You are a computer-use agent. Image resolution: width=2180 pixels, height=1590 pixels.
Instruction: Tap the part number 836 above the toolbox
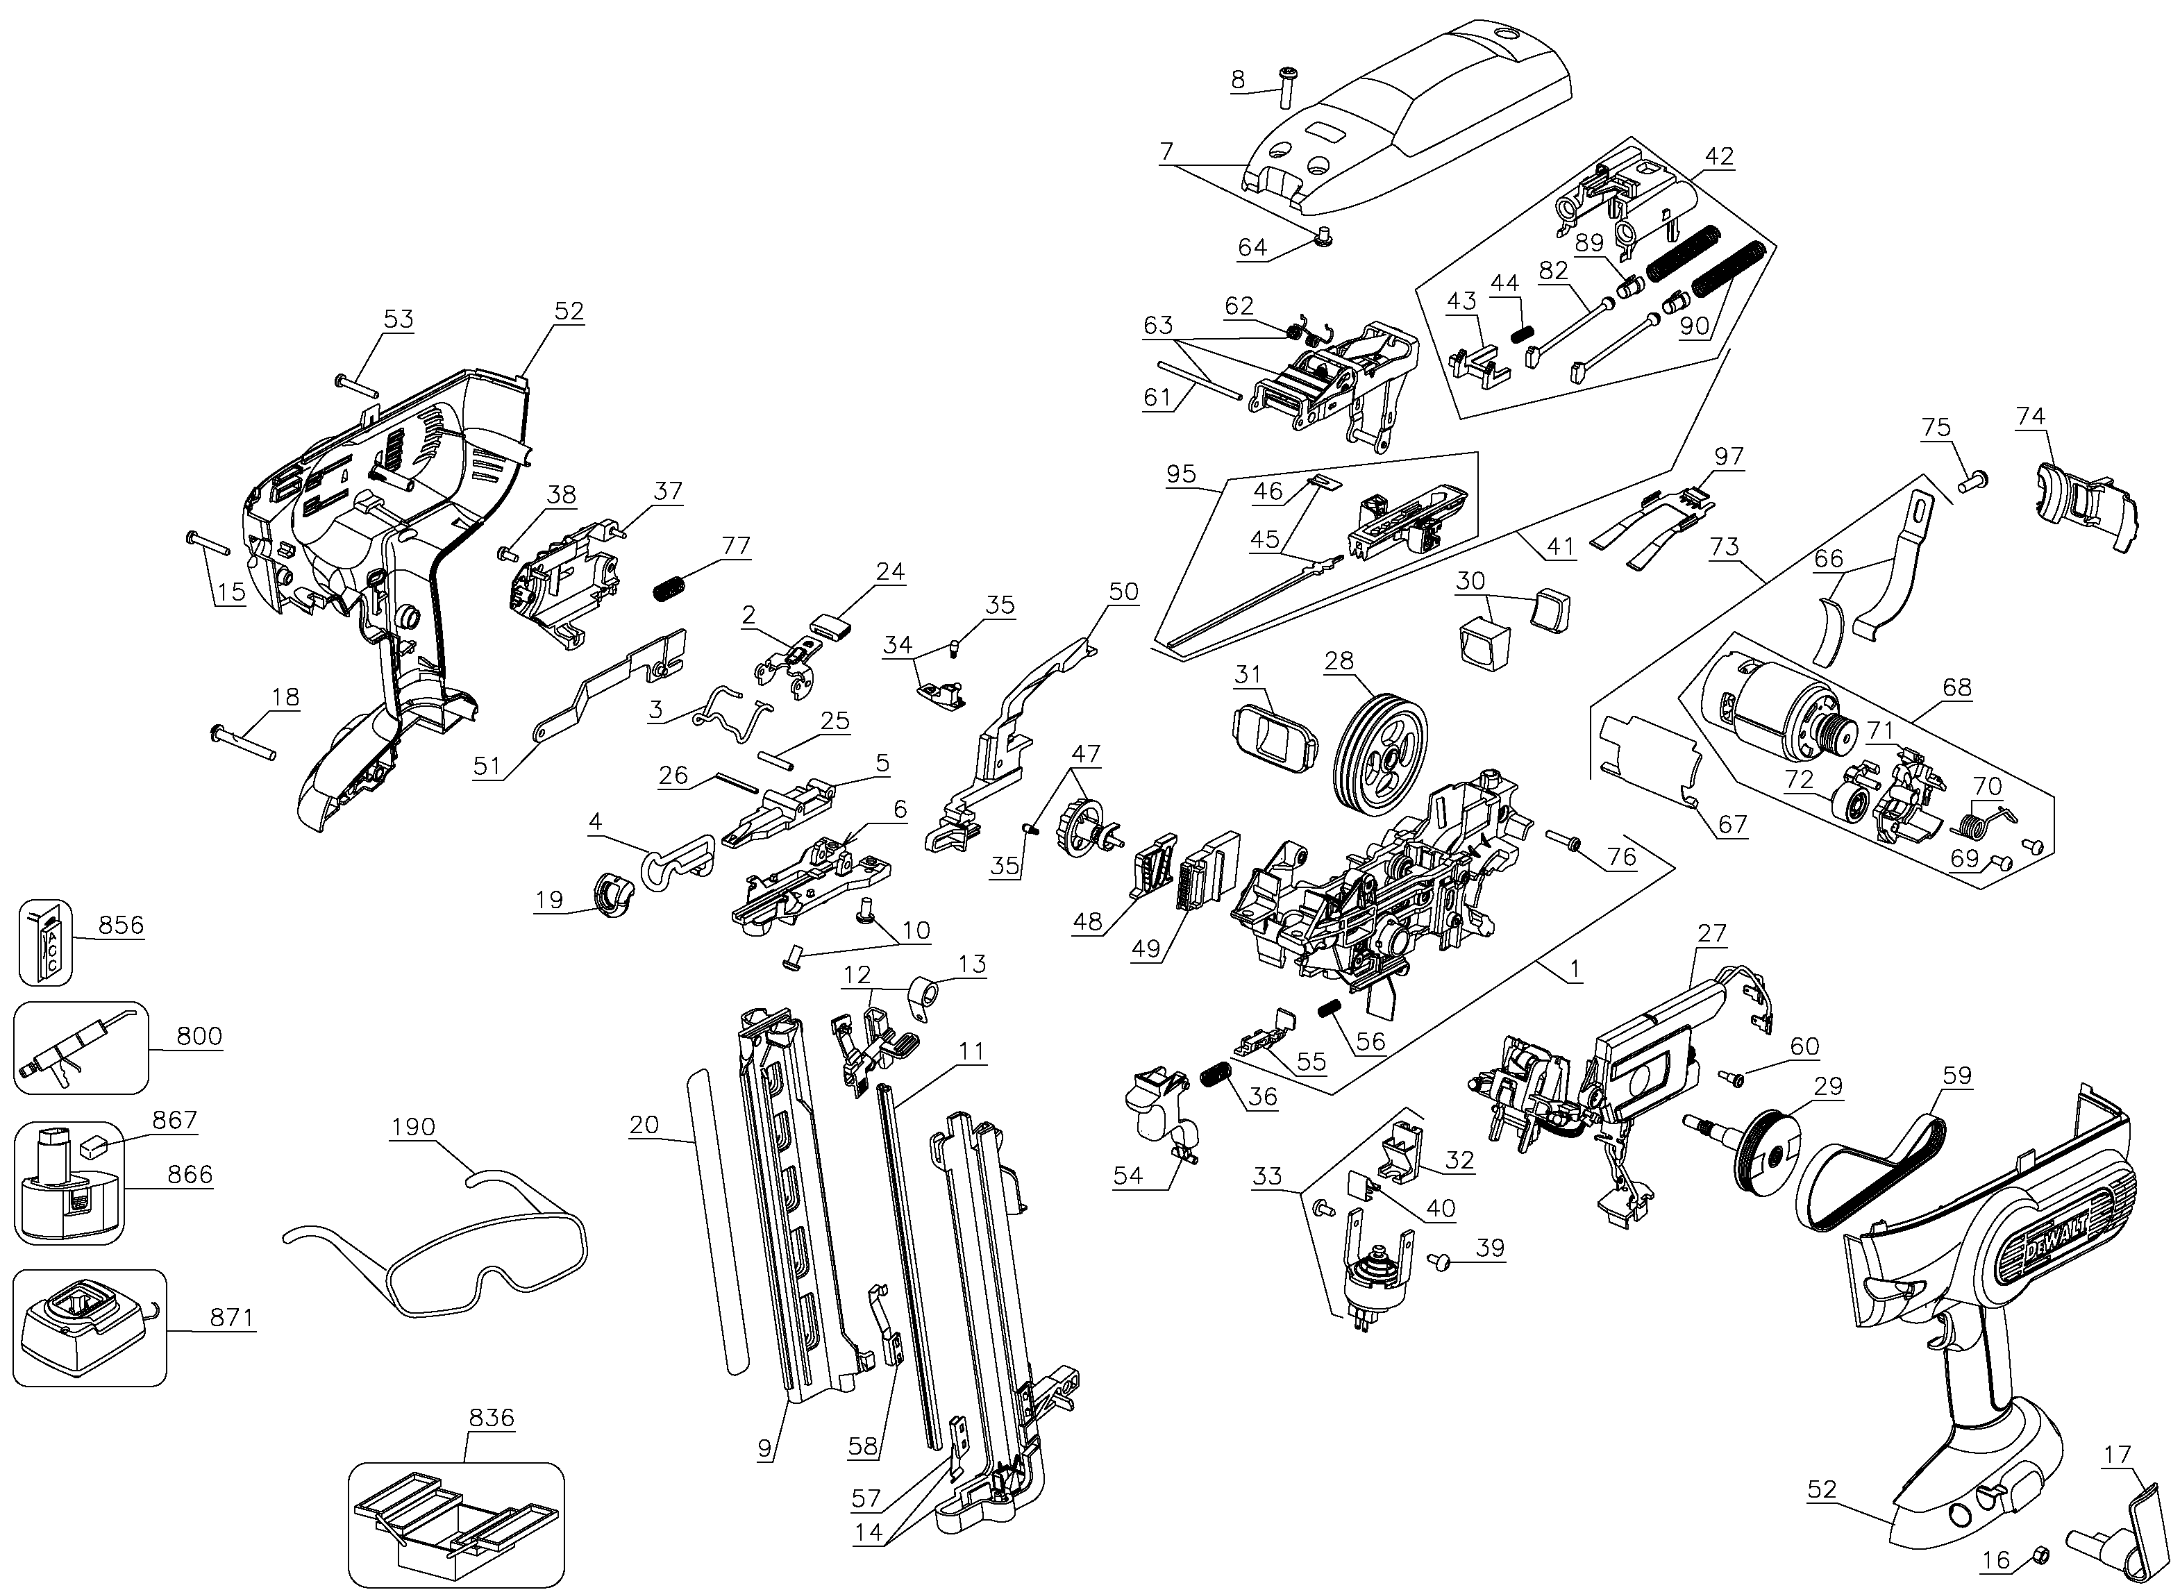pyautogui.click(x=492, y=1418)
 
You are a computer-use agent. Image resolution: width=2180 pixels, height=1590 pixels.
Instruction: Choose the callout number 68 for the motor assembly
pyautogui.click(x=1956, y=687)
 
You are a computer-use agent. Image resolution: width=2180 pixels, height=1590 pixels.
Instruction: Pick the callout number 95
pyautogui.click(x=1180, y=474)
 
